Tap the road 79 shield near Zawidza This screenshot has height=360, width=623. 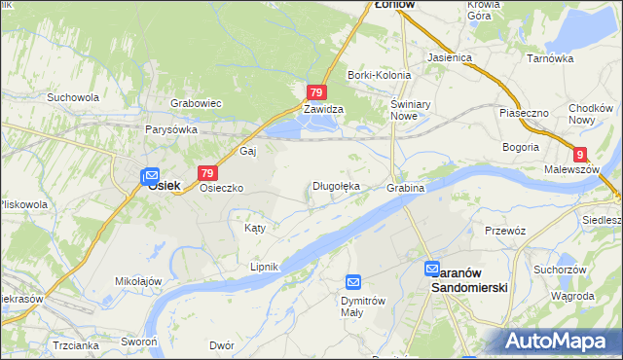click(x=316, y=92)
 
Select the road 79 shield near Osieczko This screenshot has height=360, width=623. click(x=205, y=172)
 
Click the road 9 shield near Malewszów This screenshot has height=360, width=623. click(x=580, y=154)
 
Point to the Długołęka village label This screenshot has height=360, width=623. click(x=336, y=186)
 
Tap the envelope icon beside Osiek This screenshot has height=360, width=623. click(x=149, y=176)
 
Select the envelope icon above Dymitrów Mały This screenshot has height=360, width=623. click(x=353, y=282)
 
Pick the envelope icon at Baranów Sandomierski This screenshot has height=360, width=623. click(x=433, y=268)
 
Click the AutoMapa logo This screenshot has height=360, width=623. click(x=560, y=340)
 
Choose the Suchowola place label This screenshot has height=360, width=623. click(x=73, y=97)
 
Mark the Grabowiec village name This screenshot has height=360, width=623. click(x=197, y=102)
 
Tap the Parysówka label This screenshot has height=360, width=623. click(x=171, y=129)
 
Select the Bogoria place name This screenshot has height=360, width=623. click(x=521, y=147)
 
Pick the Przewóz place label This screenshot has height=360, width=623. click(x=505, y=231)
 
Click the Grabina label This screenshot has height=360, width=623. click(x=406, y=187)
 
